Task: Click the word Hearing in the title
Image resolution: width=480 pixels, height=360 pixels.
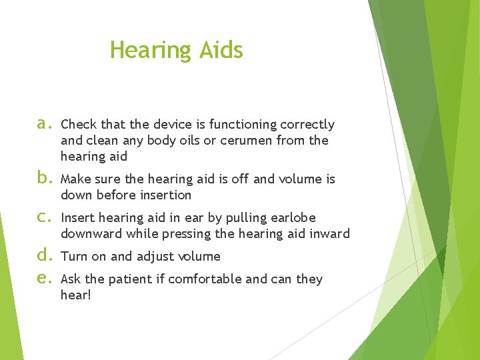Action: click(150, 51)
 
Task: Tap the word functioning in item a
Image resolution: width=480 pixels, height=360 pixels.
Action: click(244, 125)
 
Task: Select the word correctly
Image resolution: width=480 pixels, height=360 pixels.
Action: click(307, 125)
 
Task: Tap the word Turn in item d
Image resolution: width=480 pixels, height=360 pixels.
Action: click(73, 257)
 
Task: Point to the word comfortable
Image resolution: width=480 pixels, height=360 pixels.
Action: click(205, 279)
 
